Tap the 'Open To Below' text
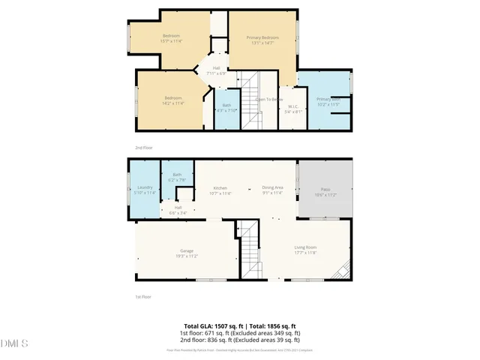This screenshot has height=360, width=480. pos(268,99)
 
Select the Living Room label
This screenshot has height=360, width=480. pos(304,250)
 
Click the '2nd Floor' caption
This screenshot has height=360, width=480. pos(143,148)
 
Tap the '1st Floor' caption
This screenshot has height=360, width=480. pos(143,297)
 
